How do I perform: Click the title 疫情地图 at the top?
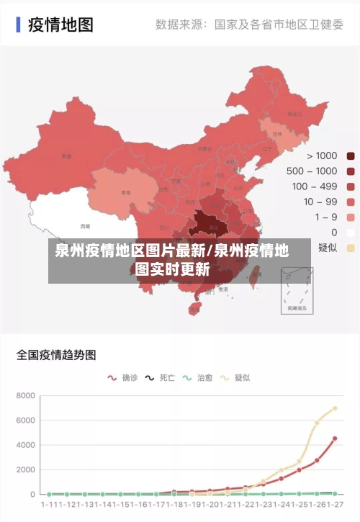point(60,24)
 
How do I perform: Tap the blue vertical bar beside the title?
point(18,24)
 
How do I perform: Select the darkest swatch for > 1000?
point(351,156)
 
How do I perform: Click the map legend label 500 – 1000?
point(312,171)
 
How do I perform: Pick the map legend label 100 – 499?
point(315,186)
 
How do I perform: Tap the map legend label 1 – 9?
point(325,217)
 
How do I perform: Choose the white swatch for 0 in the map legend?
point(351,233)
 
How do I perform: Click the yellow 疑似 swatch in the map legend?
point(351,248)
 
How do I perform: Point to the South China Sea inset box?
point(297,290)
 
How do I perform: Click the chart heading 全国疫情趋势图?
point(56,355)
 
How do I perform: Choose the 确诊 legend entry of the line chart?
point(122,377)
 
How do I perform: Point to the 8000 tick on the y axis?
point(25,396)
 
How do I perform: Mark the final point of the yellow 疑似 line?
point(335,408)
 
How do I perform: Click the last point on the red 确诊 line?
point(335,438)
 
